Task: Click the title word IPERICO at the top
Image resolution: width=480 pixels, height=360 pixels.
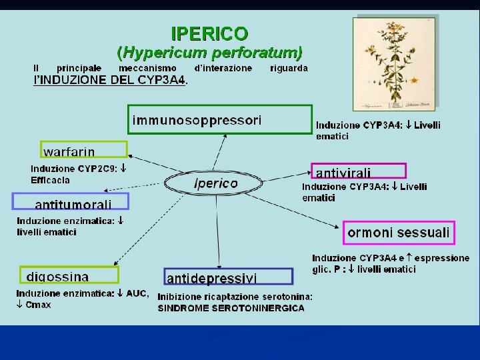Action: click(x=210, y=33)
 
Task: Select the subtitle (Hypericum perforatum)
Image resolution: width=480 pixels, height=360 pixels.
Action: click(x=210, y=51)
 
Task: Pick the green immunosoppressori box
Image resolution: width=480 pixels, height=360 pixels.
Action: click(x=220, y=120)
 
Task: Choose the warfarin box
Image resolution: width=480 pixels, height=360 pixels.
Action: click(x=84, y=150)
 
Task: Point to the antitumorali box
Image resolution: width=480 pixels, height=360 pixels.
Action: click(x=71, y=202)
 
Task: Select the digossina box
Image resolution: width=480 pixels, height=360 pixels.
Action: click(x=68, y=275)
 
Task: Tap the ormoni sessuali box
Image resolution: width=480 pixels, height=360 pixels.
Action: click(x=399, y=233)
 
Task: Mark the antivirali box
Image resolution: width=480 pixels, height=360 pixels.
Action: click(x=358, y=172)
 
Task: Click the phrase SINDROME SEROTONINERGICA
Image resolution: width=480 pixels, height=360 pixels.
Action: click(x=231, y=308)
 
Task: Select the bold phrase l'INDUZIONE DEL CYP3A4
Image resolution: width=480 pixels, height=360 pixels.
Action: click(x=111, y=80)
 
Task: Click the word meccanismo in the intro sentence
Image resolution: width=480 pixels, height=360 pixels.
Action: click(x=147, y=68)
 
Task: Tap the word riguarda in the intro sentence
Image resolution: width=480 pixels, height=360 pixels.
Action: click(x=289, y=68)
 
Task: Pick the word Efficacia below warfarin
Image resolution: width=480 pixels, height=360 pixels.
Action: click(x=50, y=180)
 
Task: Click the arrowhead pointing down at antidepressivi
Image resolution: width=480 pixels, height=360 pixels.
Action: click(x=219, y=265)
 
